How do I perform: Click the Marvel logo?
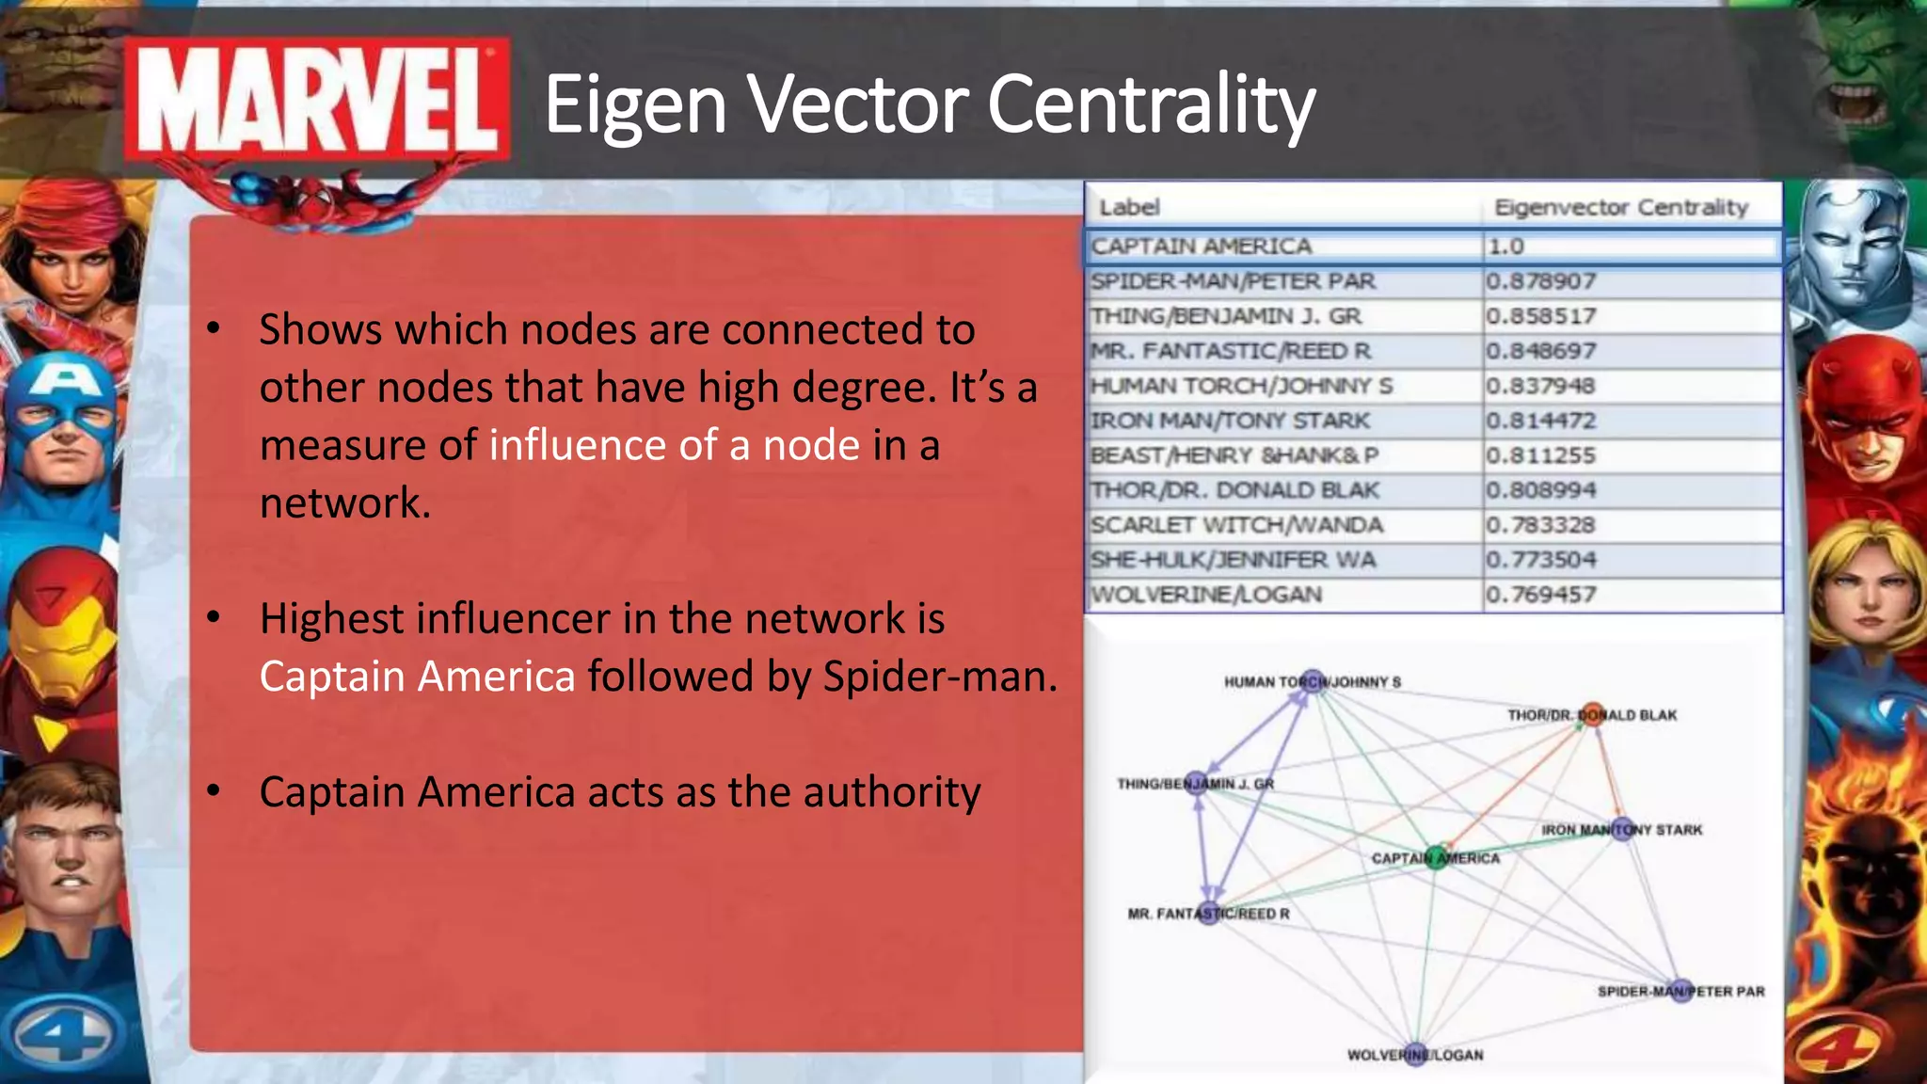(318, 100)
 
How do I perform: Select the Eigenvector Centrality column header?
(1620, 207)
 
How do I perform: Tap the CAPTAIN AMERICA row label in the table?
(1201, 247)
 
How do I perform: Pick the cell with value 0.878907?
(1541, 281)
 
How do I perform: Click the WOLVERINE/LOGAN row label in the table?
(1206, 595)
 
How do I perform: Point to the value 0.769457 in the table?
(1541, 595)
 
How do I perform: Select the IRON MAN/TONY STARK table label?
(1230, 421)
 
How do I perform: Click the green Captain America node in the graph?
(1435, 857)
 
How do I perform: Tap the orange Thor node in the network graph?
(1591, 714)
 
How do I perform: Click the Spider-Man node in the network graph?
(1680, 991)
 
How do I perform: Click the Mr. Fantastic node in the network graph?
(1209, 913)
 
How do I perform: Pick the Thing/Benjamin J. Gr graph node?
(1196, 783)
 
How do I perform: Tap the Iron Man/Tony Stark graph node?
(1622, 829)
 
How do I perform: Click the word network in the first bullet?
(344, 502)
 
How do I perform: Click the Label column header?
(1129, 207)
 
